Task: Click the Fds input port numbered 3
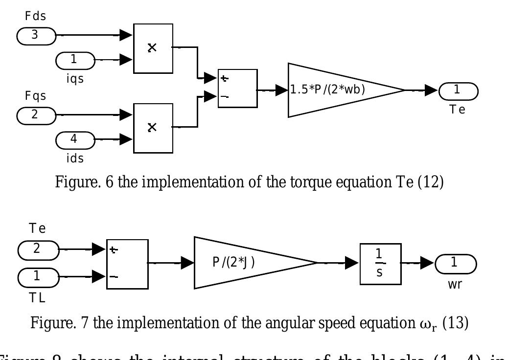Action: click(36, 36)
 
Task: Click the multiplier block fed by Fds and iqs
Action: click(152, 48)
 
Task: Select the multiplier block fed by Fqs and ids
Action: click(152, 127)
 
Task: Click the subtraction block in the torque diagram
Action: click(237, 88)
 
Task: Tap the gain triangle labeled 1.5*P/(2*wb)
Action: click(338, 90)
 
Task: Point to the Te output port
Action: click(458, 90)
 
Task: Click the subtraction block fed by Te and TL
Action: click(126, 263)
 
